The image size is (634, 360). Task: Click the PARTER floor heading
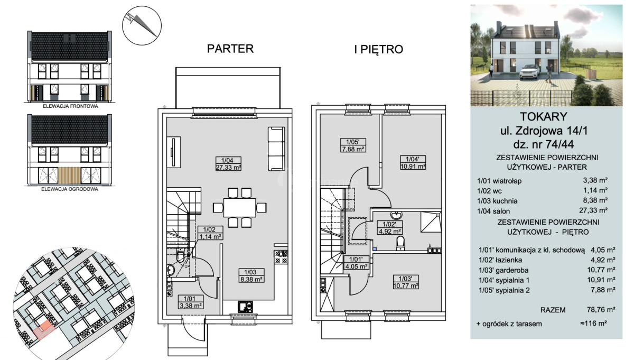coord(230,49)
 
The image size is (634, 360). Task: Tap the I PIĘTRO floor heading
coord(379,49)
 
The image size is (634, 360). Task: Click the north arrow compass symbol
coord(142,25)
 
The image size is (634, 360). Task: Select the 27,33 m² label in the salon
coord(228,167)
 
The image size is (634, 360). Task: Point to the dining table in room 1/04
coord(239,208)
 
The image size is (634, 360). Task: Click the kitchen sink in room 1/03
coord(245,307)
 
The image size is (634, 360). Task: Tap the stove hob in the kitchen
coord(281,257)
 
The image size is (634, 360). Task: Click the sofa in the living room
coord(276,149)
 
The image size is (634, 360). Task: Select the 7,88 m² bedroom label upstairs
coord(353,149)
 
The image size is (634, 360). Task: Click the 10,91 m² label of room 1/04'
coord(413,167)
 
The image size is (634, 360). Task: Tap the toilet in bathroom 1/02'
coord(400,244)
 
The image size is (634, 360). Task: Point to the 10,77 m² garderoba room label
coord(406,285)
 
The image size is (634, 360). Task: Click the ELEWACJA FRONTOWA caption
coord(70,106)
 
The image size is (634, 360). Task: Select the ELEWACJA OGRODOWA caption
coord(70,189)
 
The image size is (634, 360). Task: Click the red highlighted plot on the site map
coord(44,330)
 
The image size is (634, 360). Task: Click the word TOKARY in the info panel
coord(544,116)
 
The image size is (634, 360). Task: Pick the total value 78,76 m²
coord(601,310)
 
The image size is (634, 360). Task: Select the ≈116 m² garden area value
coord(593,323)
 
